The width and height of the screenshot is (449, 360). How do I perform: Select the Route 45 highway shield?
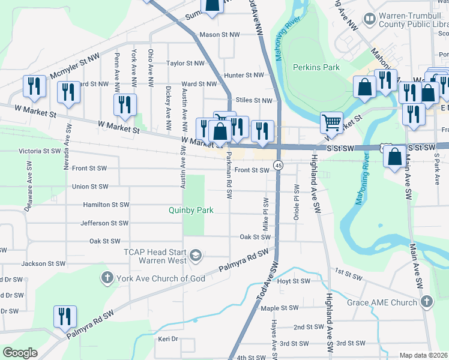point(279,165)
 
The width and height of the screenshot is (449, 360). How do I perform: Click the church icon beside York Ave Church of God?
point(106,278)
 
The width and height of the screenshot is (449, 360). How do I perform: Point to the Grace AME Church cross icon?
point(426,302)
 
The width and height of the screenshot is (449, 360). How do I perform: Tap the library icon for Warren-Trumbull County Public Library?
point(370,20)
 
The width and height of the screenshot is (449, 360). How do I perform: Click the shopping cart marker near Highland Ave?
point(331,122)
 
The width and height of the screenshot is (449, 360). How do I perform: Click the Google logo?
point(20,353)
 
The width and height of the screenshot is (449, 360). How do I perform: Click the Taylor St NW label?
point(185,63)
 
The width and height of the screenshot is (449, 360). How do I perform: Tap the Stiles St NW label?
point(254,101)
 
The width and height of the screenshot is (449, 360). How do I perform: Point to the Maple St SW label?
point(280,308)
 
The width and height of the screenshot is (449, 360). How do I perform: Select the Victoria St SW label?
point(40,151)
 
